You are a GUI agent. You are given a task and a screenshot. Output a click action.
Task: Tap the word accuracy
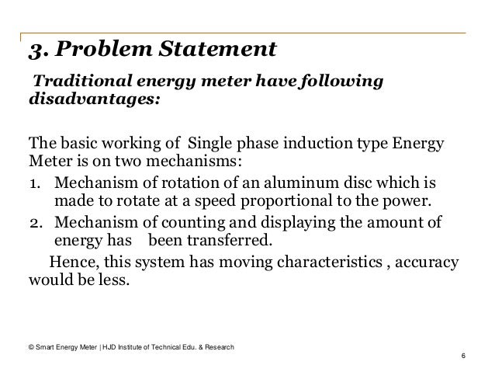point(425,261)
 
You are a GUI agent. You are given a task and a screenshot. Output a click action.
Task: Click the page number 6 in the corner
point(462,356)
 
